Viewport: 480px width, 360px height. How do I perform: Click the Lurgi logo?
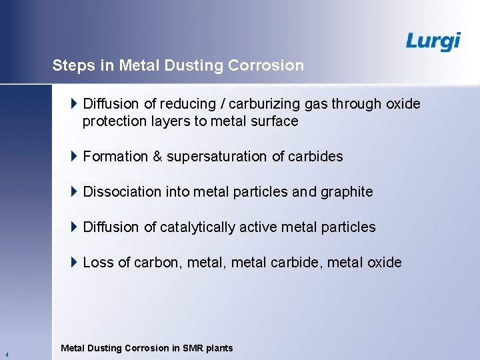point(433,41)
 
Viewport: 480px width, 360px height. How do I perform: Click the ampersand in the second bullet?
point(157,157)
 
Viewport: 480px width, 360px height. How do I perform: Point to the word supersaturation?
point(217,157)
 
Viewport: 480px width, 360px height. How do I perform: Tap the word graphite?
point(347,192)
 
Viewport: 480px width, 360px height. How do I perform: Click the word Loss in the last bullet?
point(98,263)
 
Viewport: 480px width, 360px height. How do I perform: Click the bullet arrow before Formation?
point(74,157)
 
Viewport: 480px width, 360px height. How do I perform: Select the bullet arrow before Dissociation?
point(74,192)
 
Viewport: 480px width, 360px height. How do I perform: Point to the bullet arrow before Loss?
point(74,262)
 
